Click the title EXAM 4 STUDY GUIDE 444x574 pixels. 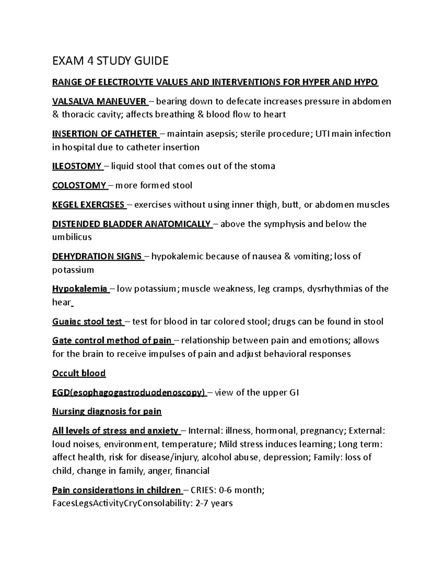coord(110,61)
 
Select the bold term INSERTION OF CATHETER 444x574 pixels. coord(105,134)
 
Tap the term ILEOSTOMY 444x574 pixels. coord(77,166)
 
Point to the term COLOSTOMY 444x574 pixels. coord(79,185)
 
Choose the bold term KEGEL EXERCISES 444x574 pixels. coord(88,205)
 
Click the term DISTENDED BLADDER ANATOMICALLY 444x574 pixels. coord(131,224)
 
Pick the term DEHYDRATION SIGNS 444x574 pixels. coord(97,257)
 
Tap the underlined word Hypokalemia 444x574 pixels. coord(80,289)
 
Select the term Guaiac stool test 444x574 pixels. coord(87,322)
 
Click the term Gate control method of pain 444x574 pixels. coord(112,340)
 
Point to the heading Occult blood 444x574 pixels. coord(79,373)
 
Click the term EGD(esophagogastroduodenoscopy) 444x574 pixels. coord(128,393)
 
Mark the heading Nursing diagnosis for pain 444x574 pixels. coord(107,411)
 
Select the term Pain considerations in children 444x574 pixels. coord(116,490)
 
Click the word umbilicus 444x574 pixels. coord(72,237)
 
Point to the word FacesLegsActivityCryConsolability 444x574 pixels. coord(121,503)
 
